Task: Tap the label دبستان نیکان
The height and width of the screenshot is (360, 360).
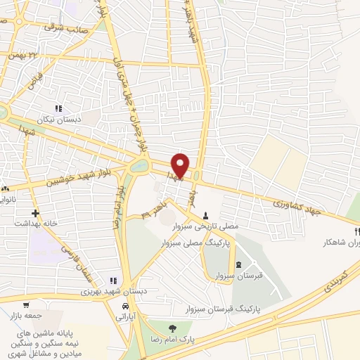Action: coord(60,120)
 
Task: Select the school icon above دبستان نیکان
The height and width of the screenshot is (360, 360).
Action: coord(59,109)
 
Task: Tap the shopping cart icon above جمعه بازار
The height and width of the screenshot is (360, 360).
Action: coord(27,305)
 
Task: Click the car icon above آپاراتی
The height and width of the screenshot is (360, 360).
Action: coord(126,307)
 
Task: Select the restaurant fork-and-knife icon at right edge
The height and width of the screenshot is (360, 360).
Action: coord(356,231)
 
